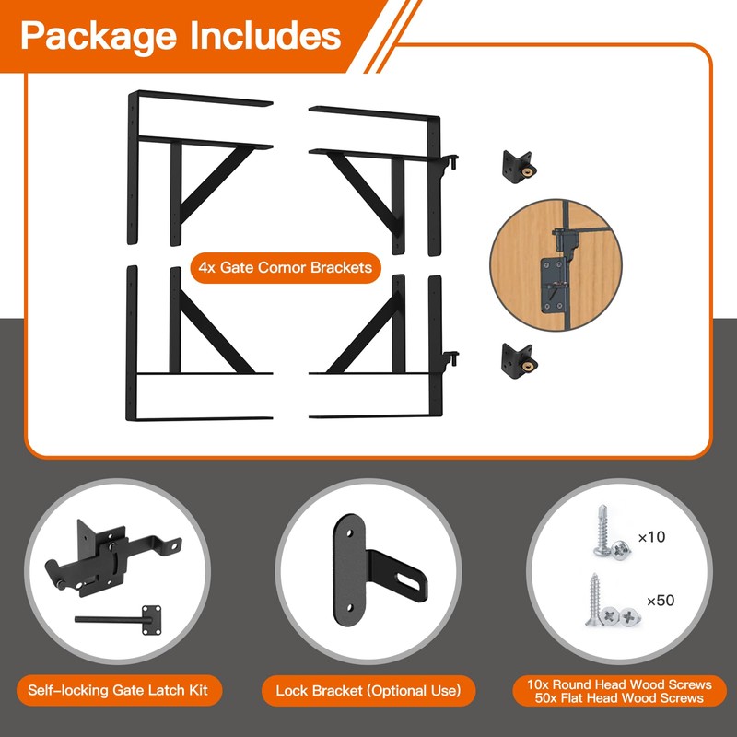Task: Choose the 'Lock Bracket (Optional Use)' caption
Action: pos(368,690)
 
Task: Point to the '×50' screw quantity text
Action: pos(661,601)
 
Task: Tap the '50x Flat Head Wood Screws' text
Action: pos(619,698)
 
